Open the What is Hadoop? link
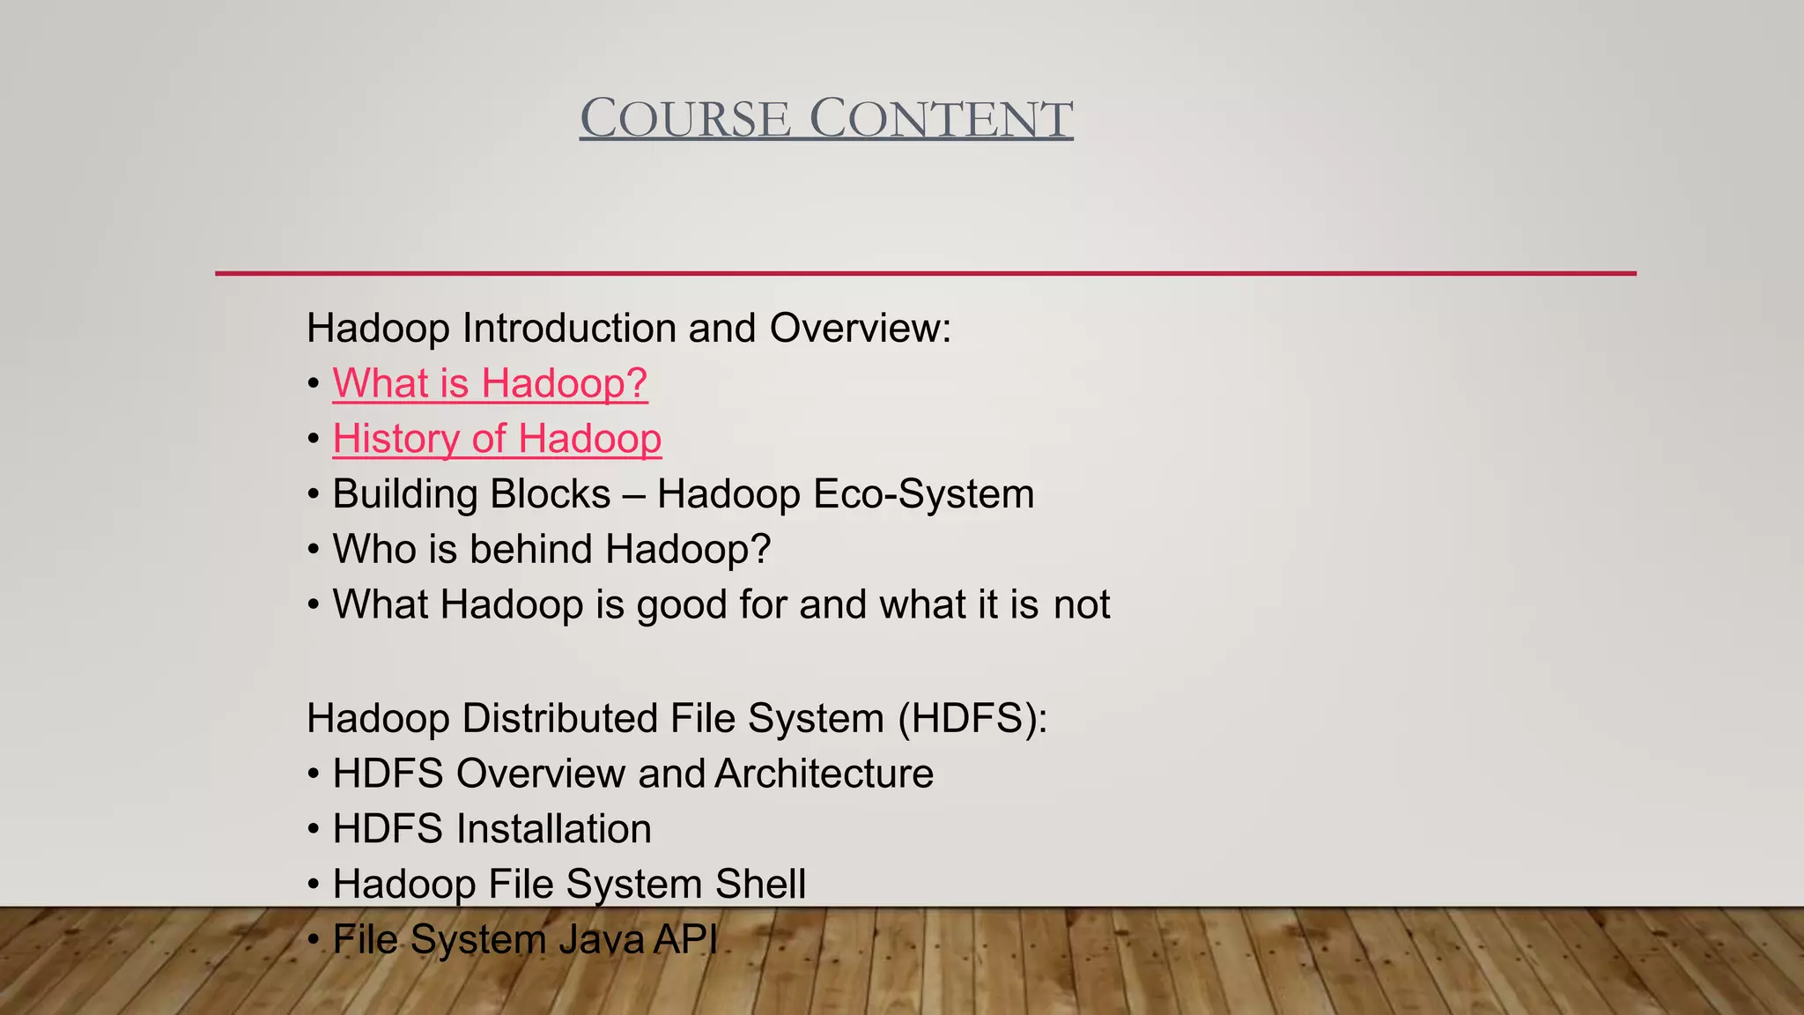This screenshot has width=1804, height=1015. pyautogui.click(x=490, y=383)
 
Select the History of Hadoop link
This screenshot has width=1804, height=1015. pyautogui.click(x=497, y=439)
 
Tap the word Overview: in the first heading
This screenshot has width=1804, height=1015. pyautogui.click(x=860, y=328)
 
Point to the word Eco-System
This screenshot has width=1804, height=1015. pyautogui.click(x=924, y=493)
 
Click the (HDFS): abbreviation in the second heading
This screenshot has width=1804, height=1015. pyautogui.click(x=972, y=718)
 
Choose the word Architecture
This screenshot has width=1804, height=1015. pyautogui.click(x=824, y=774)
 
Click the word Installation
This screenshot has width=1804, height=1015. pyautogui.click(x=553, y=829)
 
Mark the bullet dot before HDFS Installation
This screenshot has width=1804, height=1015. pyautogui.click(x=314, y=830)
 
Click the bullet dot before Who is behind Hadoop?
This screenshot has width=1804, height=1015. pyautogui.click(x=314, y=550)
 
